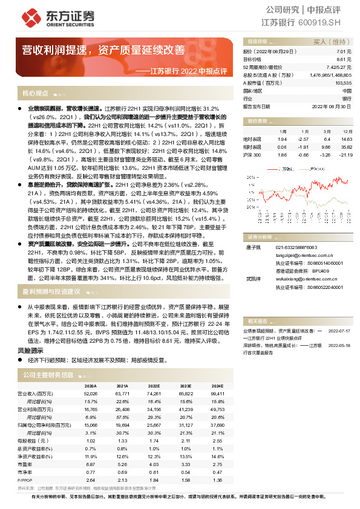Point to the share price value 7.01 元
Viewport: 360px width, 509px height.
pyautogui.click(x=344, y=53)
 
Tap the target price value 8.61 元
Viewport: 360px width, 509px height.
pyautogui.click(x=344, y=60)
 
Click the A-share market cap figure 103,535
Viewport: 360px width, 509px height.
pyautogui.click(x=342, y=82)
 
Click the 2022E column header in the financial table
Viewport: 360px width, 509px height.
pyautogui.click(x=154, y=385)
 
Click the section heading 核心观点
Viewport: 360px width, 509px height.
pyautogui.click(x=35, y=94)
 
